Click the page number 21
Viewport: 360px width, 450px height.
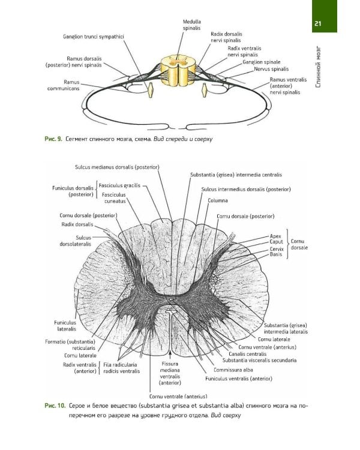tap(319, 23)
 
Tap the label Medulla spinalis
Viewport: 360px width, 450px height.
tap(192, 25)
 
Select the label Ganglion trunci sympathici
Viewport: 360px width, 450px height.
tap(93, 37)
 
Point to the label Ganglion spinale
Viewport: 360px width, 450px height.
tap(262, 62)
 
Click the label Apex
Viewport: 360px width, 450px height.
tap(275, 236)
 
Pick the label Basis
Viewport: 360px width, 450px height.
tap(276, 255)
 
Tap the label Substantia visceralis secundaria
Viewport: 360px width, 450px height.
tap(259, 361)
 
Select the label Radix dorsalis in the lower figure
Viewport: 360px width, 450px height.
tap(77, 224)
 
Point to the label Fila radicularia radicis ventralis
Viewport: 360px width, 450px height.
tap(121, 367)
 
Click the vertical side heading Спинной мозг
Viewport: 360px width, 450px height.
tap(319, 67)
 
